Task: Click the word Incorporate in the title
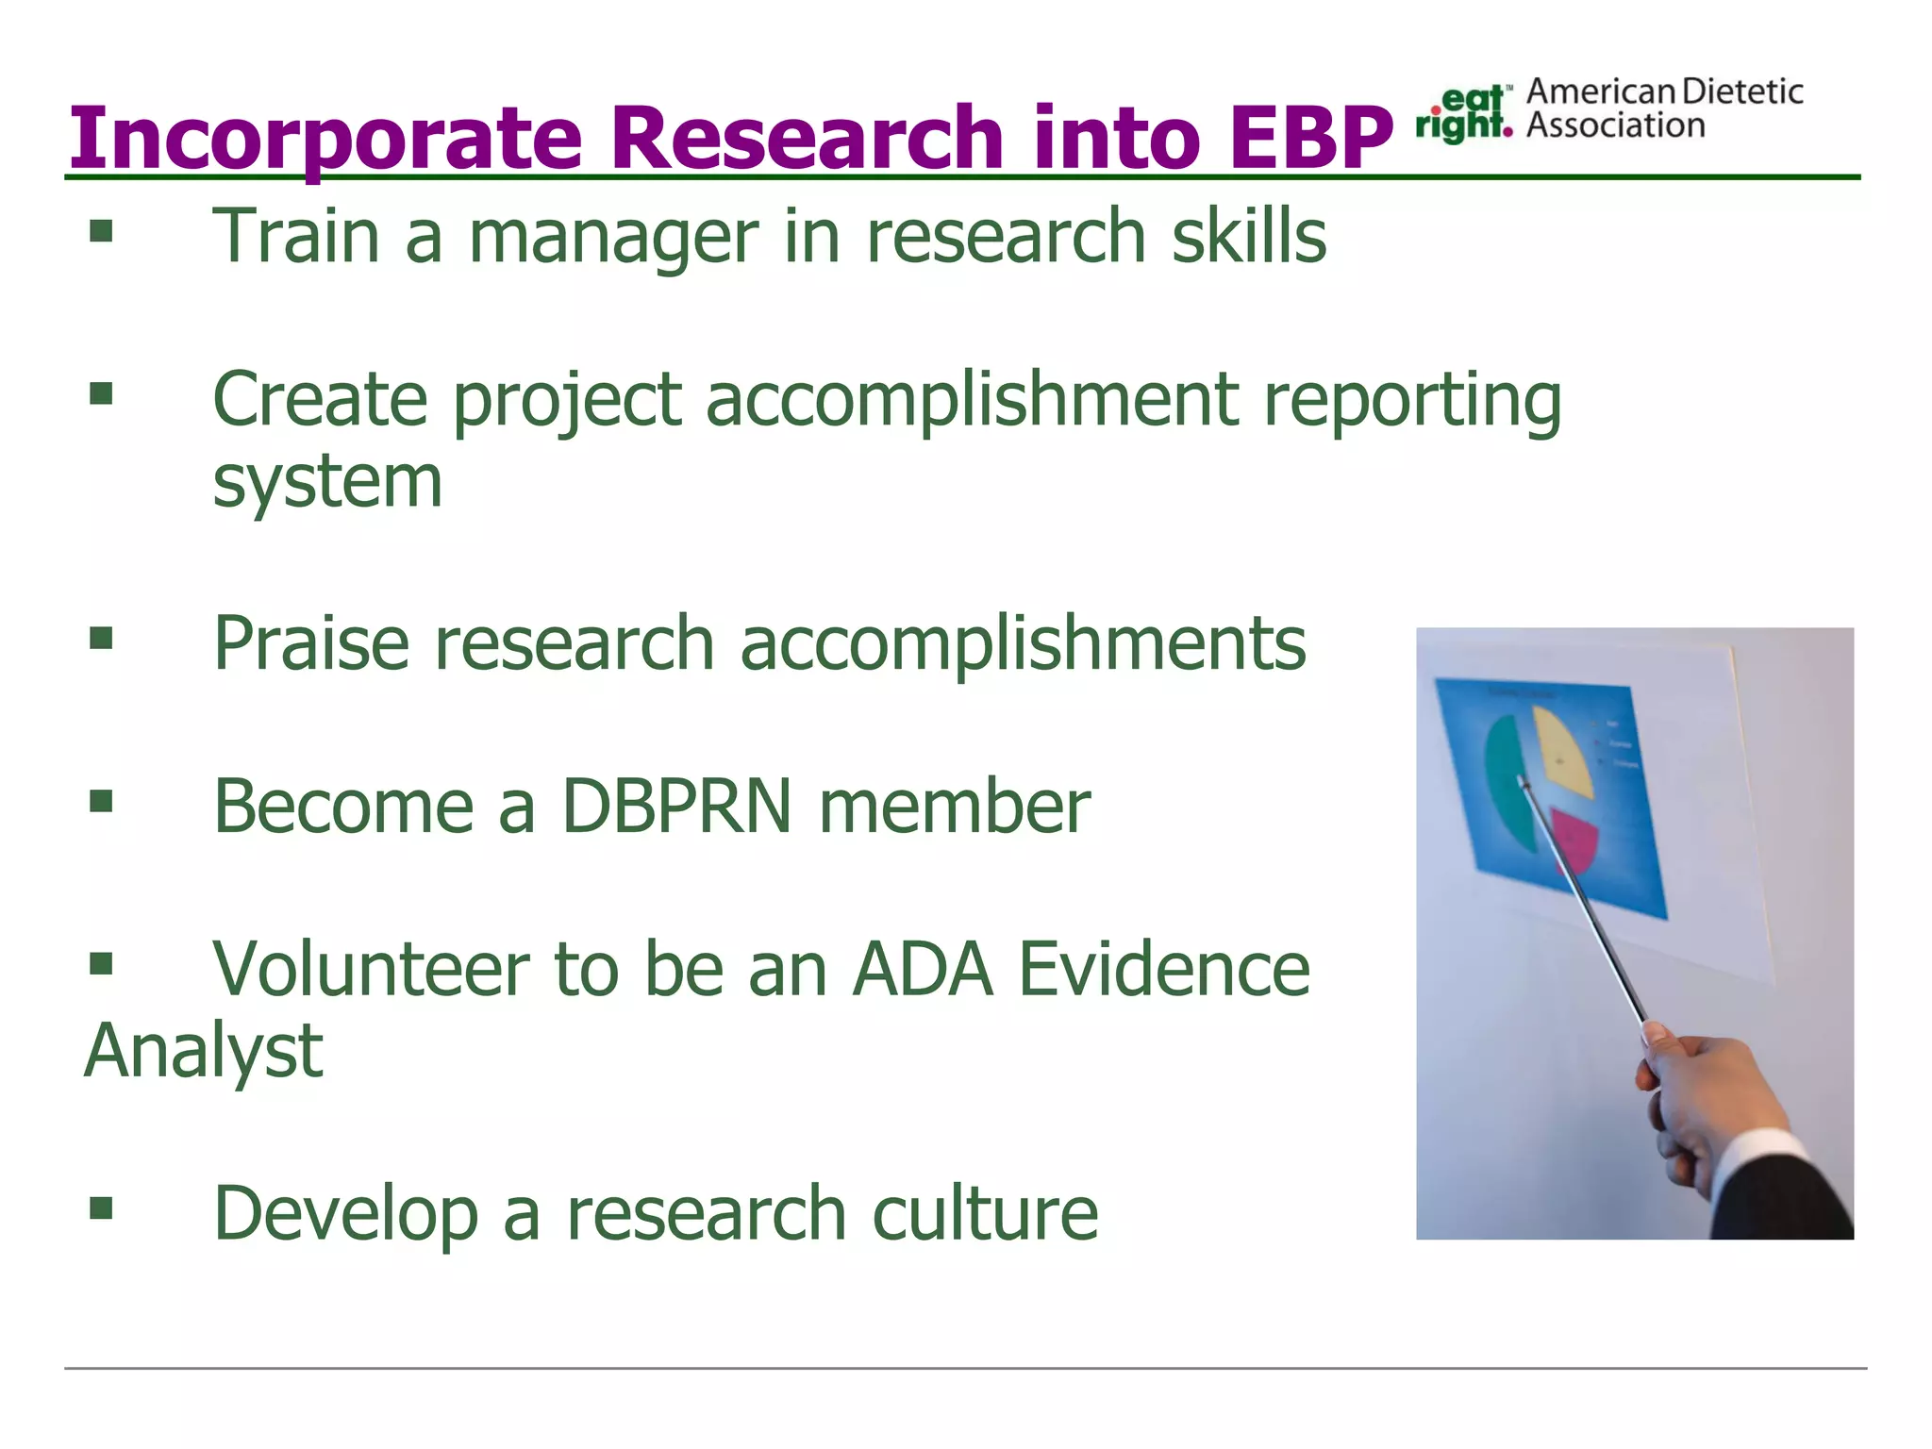(325, 139)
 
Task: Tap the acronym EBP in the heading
(1310, 139)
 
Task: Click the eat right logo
(1463, 114)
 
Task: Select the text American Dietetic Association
(1663, 108)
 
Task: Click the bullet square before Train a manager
(101, 231)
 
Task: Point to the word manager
(613, 238)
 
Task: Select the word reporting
(1412, 402)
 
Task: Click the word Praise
(311, 643)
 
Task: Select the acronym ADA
(922, 970)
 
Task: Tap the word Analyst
(203, 1053)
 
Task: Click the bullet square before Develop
(101, 1208)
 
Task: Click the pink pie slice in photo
(1573, 838)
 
